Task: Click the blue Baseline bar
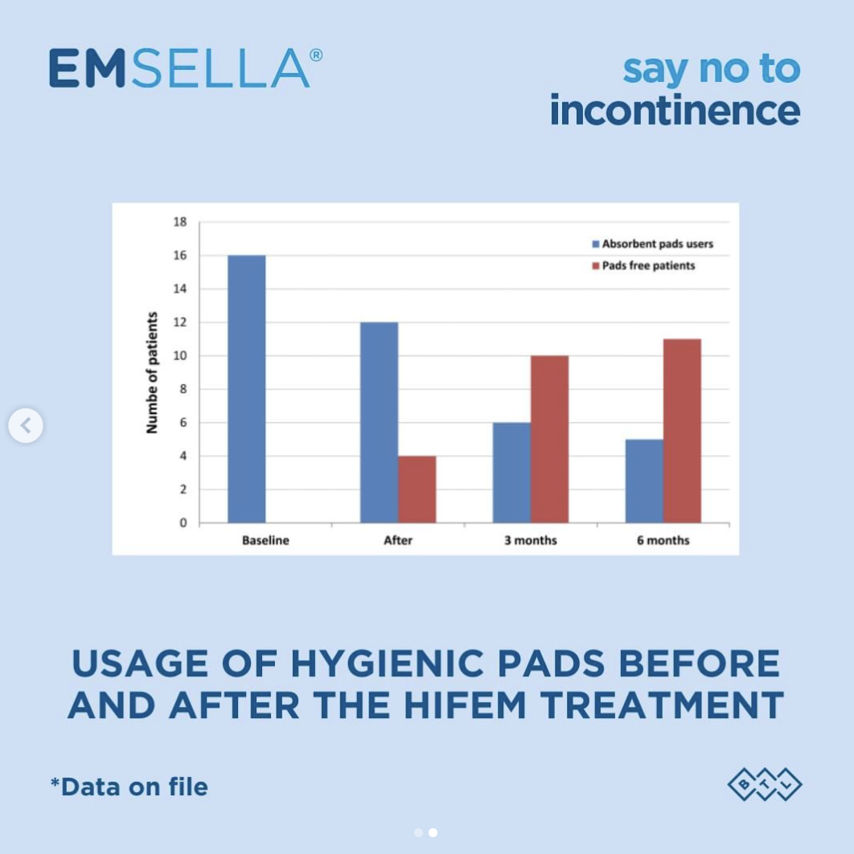[x=246, y=389]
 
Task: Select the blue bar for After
[x=379, y=422]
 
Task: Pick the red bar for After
[x=417, y=489]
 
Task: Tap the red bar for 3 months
[x=549, y=439]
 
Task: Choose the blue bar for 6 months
[x=644, y=481]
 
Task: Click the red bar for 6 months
[x=682, y=431]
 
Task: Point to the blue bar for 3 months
[x=511, y=473]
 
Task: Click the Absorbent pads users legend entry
[x=652, y=244]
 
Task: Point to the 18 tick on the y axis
[x=180, y=222]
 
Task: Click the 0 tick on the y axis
[x=183, y=523]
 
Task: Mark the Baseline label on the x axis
[x=265, y=540]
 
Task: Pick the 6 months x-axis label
[x=663, y=540]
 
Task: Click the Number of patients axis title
[x=152, y=372]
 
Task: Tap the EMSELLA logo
[x=185, y=68]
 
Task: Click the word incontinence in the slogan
[x=675, y=110]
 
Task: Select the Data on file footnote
[x=129, y=786]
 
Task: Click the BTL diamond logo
[x=765, y=785]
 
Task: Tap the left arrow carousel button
[x=26, y=425]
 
